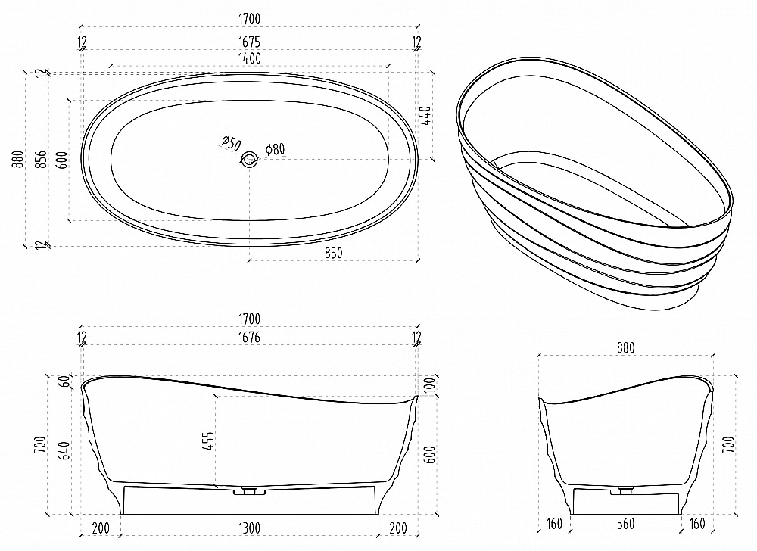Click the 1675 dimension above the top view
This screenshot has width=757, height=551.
tap(249, 42)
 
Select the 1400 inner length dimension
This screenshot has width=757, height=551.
tap(250, 58)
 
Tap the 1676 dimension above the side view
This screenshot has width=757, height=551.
tap(249, 337)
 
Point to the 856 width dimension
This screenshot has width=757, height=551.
tap(42, 159)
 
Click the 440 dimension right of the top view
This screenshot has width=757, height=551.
tap(426, 116)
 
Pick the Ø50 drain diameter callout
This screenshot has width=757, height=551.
tap(231, 143)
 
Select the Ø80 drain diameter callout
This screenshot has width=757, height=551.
tap(275, 148)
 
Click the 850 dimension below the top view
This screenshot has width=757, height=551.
tap(333, 253)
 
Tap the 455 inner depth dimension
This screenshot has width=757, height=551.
tap(208, 441)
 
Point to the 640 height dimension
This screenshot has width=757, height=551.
tap(64, 450)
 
